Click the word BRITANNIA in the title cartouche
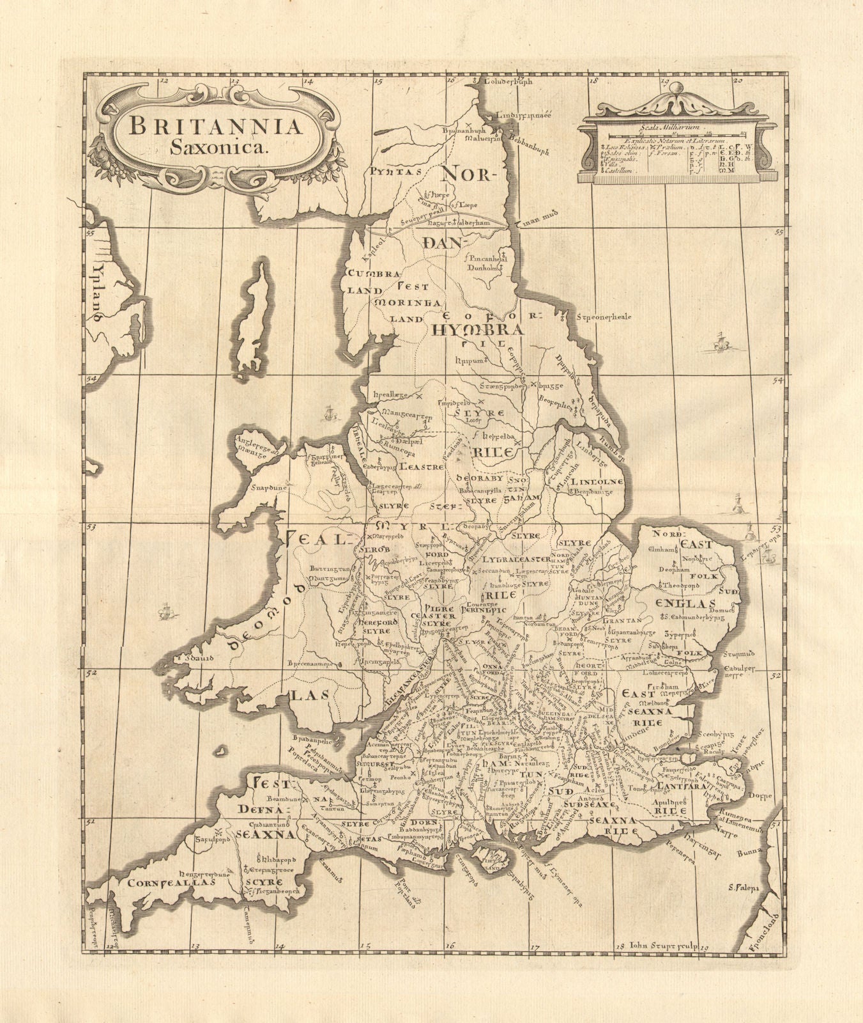click(x=215, y=125)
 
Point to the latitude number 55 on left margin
click(x=90, y=234)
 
